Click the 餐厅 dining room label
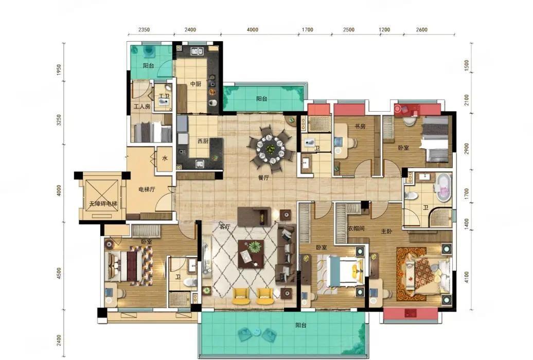point(263,177)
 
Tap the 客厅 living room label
point(225,227)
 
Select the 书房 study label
point(360,127)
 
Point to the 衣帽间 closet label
point(356,228)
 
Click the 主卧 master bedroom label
point(386,231)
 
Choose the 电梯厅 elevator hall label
point(147,189)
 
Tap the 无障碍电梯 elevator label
point(103,204)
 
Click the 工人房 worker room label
point(142,106)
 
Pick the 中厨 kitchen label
point(196,84)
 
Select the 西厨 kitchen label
point(203,141)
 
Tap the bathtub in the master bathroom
point(443,187)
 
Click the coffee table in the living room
point(251,254)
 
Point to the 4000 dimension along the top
point(252,30)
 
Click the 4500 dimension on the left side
point(59,273)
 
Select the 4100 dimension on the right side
point(466,277)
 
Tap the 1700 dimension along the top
point(307,30)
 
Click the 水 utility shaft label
point(165,158)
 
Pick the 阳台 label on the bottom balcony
point(301,325)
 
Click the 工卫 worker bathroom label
point(164,96)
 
